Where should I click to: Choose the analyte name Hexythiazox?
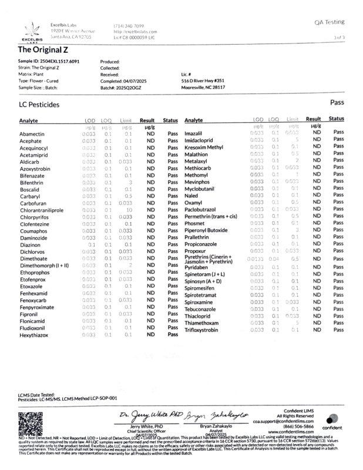[33, 335]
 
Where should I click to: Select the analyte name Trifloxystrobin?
[203, 330]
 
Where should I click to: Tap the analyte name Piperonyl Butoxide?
[206, 230]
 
